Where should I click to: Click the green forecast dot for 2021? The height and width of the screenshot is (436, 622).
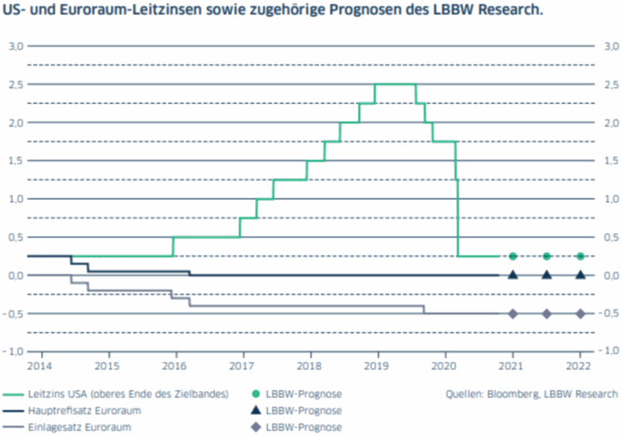513,256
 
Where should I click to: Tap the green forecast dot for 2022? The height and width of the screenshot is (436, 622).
580,256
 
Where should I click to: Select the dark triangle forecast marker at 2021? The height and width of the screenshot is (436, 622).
513,274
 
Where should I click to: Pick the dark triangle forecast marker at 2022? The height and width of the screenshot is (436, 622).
580,274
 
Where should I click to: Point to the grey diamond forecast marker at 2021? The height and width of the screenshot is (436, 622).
513,313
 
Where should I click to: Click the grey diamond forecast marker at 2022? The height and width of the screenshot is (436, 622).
580,313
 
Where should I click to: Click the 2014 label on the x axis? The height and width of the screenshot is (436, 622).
38,365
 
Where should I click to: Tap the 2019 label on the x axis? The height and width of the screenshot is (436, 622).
377,365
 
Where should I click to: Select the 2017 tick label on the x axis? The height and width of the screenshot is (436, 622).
242,365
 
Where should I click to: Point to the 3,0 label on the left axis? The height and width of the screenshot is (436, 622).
17,46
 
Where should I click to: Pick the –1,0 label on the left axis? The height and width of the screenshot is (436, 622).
15,352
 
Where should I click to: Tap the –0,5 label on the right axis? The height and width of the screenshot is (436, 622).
609,313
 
